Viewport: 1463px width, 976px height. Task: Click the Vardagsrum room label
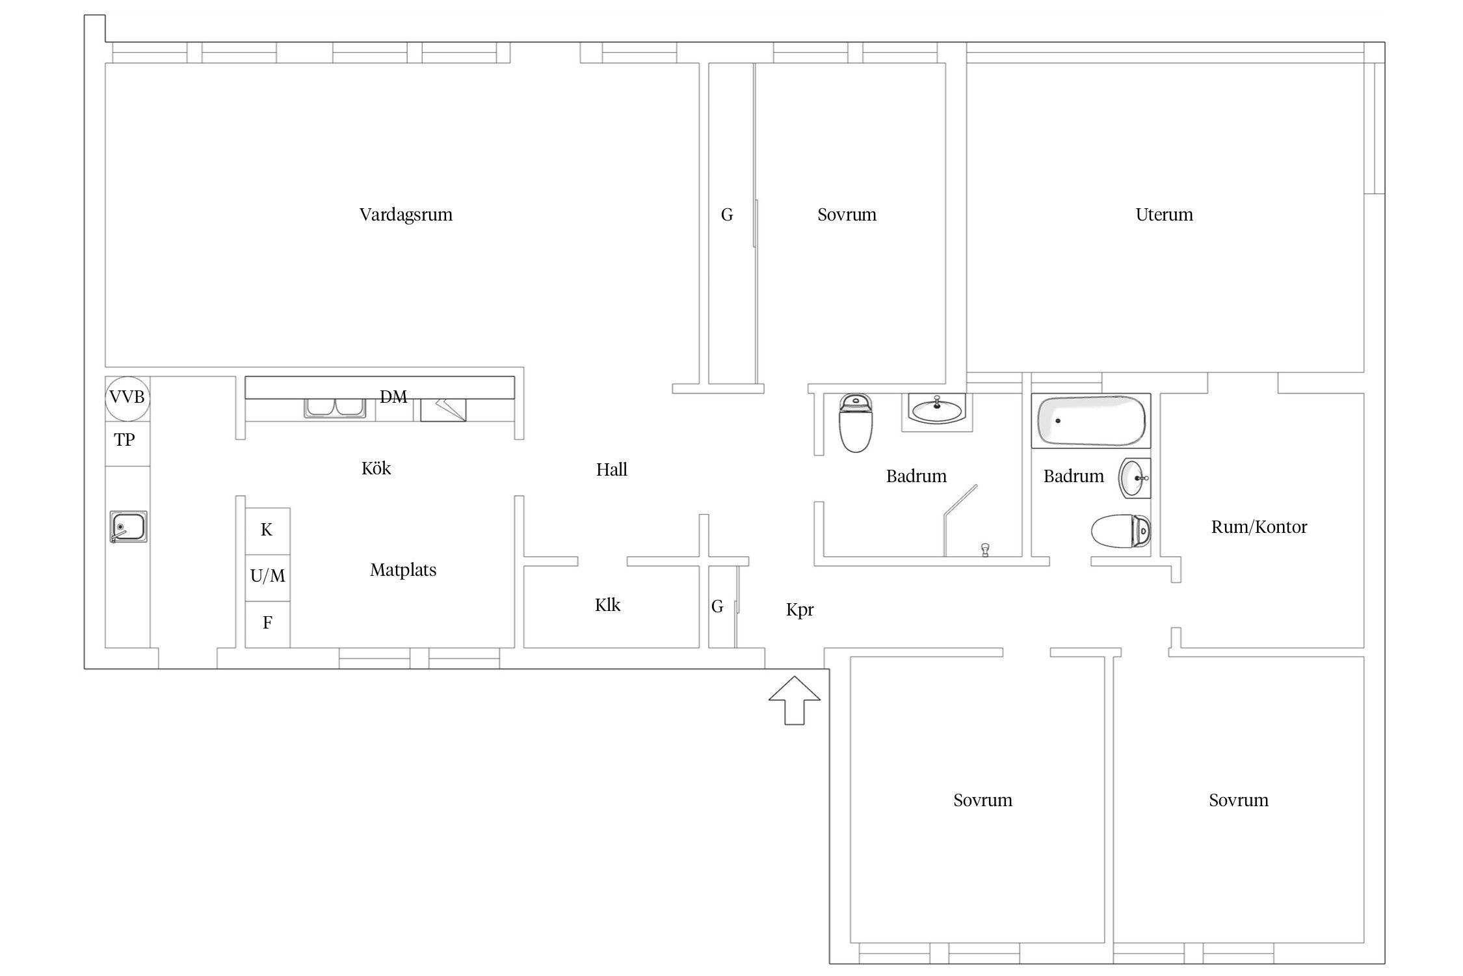(406, 215)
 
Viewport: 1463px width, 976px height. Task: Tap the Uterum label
(1164, 215)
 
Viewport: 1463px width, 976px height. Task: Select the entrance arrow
(795, 700)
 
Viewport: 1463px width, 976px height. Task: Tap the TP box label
(124, 440)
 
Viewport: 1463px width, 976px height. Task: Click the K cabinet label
(267, 530)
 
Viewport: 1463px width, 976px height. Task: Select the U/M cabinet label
(267, 575)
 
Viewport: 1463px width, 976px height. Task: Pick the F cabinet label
(267, 623)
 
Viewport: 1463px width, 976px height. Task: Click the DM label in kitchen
(393, 396)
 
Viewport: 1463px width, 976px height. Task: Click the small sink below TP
(128, 526)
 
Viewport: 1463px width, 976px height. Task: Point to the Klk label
(607, 605)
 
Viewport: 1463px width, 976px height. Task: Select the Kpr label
(800, 610)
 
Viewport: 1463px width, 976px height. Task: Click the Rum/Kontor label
(1259, 527)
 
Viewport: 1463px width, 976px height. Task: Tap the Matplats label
(403, 570)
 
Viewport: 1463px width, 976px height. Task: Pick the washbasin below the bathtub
(1135, 478)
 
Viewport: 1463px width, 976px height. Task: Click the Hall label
(611, 470)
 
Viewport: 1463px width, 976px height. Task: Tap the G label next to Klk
(717, 606)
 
